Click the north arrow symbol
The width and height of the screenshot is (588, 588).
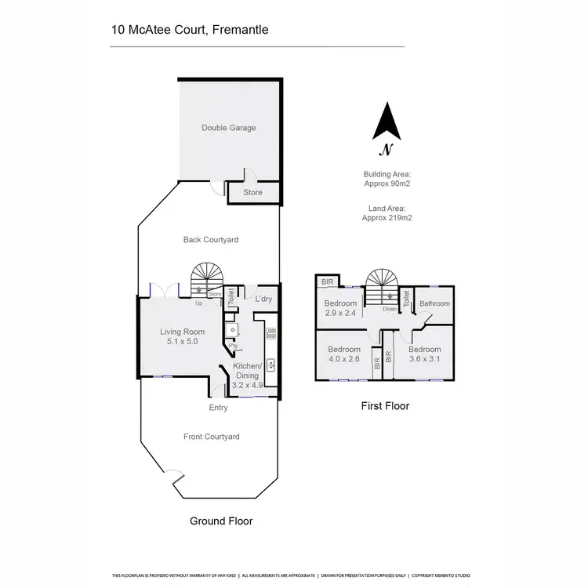[x=386, y=124]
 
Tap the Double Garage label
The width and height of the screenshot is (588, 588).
[x=229, y=128]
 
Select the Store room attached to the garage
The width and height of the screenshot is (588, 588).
[x=252, y=192]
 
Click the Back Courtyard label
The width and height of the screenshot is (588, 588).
[x=211, y=240]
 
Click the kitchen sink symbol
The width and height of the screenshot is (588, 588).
[x=270, y=364]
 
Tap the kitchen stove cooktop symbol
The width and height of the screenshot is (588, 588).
[x=271, y=333]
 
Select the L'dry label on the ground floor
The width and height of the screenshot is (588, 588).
[x=263, y=299]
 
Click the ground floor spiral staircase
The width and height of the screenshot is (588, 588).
[x=208, y=278]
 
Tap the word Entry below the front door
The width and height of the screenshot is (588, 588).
[x=218, y=408]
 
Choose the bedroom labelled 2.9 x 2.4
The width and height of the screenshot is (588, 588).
[x=341, y=308]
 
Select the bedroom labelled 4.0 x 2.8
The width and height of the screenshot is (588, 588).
[x=344, y=354]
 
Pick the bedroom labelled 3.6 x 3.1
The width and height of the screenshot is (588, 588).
[x=424, y=354]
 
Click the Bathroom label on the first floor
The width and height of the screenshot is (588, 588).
[x=434, y=303]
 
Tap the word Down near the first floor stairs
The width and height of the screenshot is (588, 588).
[x=390, y=309]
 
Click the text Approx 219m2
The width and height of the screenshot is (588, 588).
[x=387, y=219]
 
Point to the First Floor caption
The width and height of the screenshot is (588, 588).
[x=384, y=406]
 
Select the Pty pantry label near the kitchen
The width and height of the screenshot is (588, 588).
[x=233, y=346]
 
